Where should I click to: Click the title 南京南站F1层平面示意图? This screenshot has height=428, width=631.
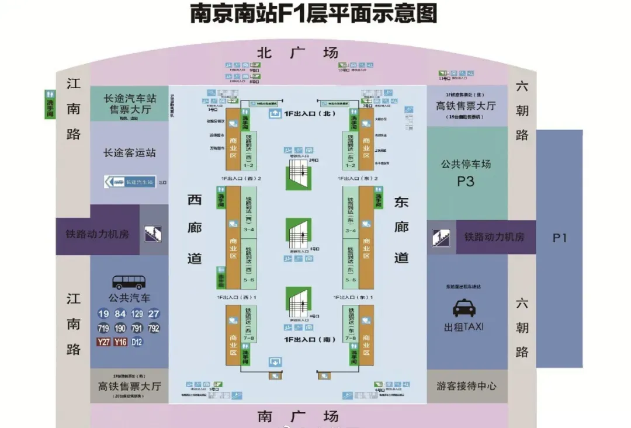[314, 13]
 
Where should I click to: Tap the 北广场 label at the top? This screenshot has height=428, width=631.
[297, 53]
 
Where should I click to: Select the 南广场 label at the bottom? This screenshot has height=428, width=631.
[297, 416]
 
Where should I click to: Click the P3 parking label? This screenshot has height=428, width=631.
[466, 181]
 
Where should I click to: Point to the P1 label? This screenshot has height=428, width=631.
[559, 238]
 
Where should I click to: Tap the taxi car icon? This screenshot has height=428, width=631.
[464, 308]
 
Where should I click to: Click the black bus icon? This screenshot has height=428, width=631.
[129, 283]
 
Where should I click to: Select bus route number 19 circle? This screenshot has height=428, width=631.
[103, 314]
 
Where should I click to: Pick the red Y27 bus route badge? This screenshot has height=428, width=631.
[103, 342]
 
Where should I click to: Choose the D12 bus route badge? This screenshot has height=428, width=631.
[137, 342]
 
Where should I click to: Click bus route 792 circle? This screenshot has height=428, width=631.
[154, 328]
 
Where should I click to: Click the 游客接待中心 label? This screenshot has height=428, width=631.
[466, 386]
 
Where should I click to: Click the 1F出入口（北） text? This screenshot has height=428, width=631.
[310, 113]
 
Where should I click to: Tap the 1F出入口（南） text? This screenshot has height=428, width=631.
[310, 339]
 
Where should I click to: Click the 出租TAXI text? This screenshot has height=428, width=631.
[464, 327]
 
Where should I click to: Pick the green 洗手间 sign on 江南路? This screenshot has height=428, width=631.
[50, 105]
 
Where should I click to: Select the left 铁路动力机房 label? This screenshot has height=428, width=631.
[97, 234]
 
